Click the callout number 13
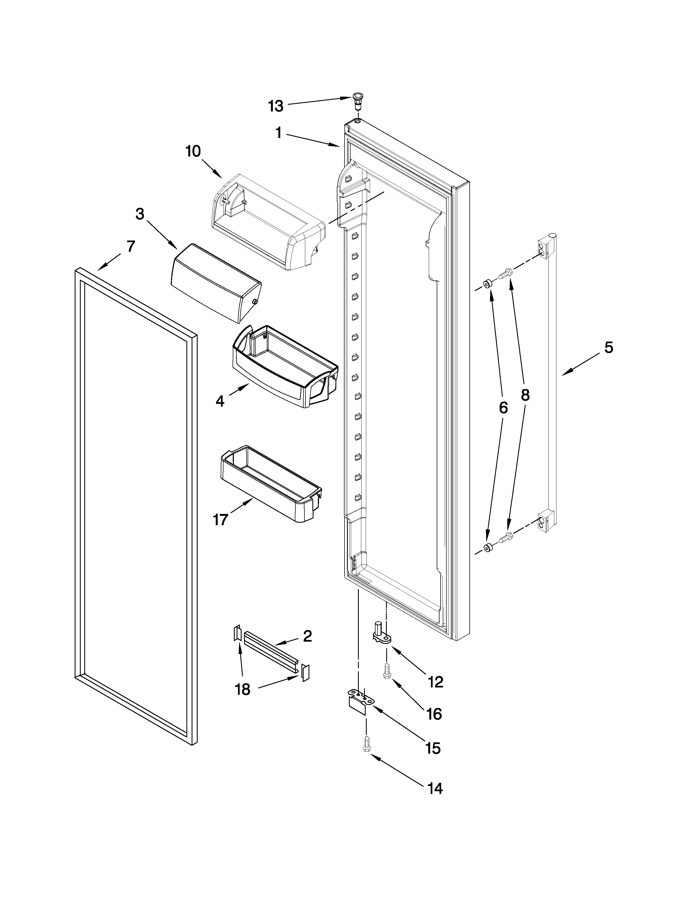[x=275, y=106]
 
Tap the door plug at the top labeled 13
[x=357, y=100]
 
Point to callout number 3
[x=140, y=214]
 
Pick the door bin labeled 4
[x=286, y=365]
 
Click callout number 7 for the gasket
[x=131, y=247]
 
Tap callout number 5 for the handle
[x=608, y=347]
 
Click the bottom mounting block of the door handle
[x=547, y=521]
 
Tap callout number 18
[x=243, y=689]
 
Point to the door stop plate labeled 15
[x=359, y=702]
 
